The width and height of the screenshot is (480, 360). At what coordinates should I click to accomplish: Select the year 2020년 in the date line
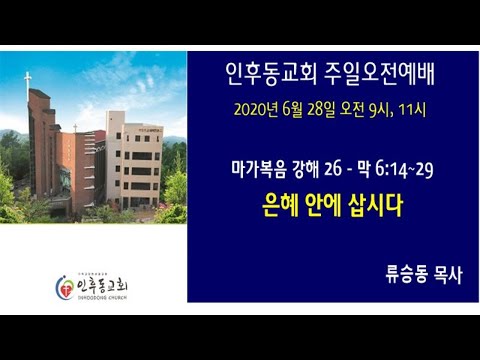[252, 109]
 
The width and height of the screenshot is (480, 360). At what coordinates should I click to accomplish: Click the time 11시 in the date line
[413, 109]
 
